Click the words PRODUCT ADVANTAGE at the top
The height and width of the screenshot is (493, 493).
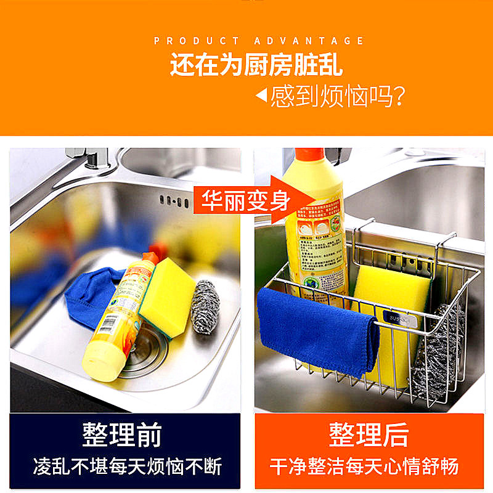259,41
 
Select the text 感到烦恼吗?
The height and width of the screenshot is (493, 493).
338,97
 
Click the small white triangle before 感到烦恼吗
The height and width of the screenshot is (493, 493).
261,96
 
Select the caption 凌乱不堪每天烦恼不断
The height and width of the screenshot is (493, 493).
127,467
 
